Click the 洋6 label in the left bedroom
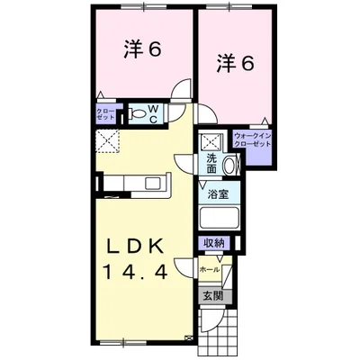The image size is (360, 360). click(x=141, y=50)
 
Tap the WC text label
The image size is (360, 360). click(x=154, y=113)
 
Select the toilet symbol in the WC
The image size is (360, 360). click(x=138, y=114)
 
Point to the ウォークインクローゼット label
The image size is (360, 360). click(x=252, y=140)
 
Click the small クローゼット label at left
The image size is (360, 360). click(x=105, y=114)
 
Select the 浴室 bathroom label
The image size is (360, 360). click(x=216, y=193)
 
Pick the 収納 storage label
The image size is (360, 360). click(x=214, y=242)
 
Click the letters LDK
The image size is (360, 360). click(x=139, y=245)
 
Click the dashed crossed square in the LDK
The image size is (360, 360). click(x=108, y=142)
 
